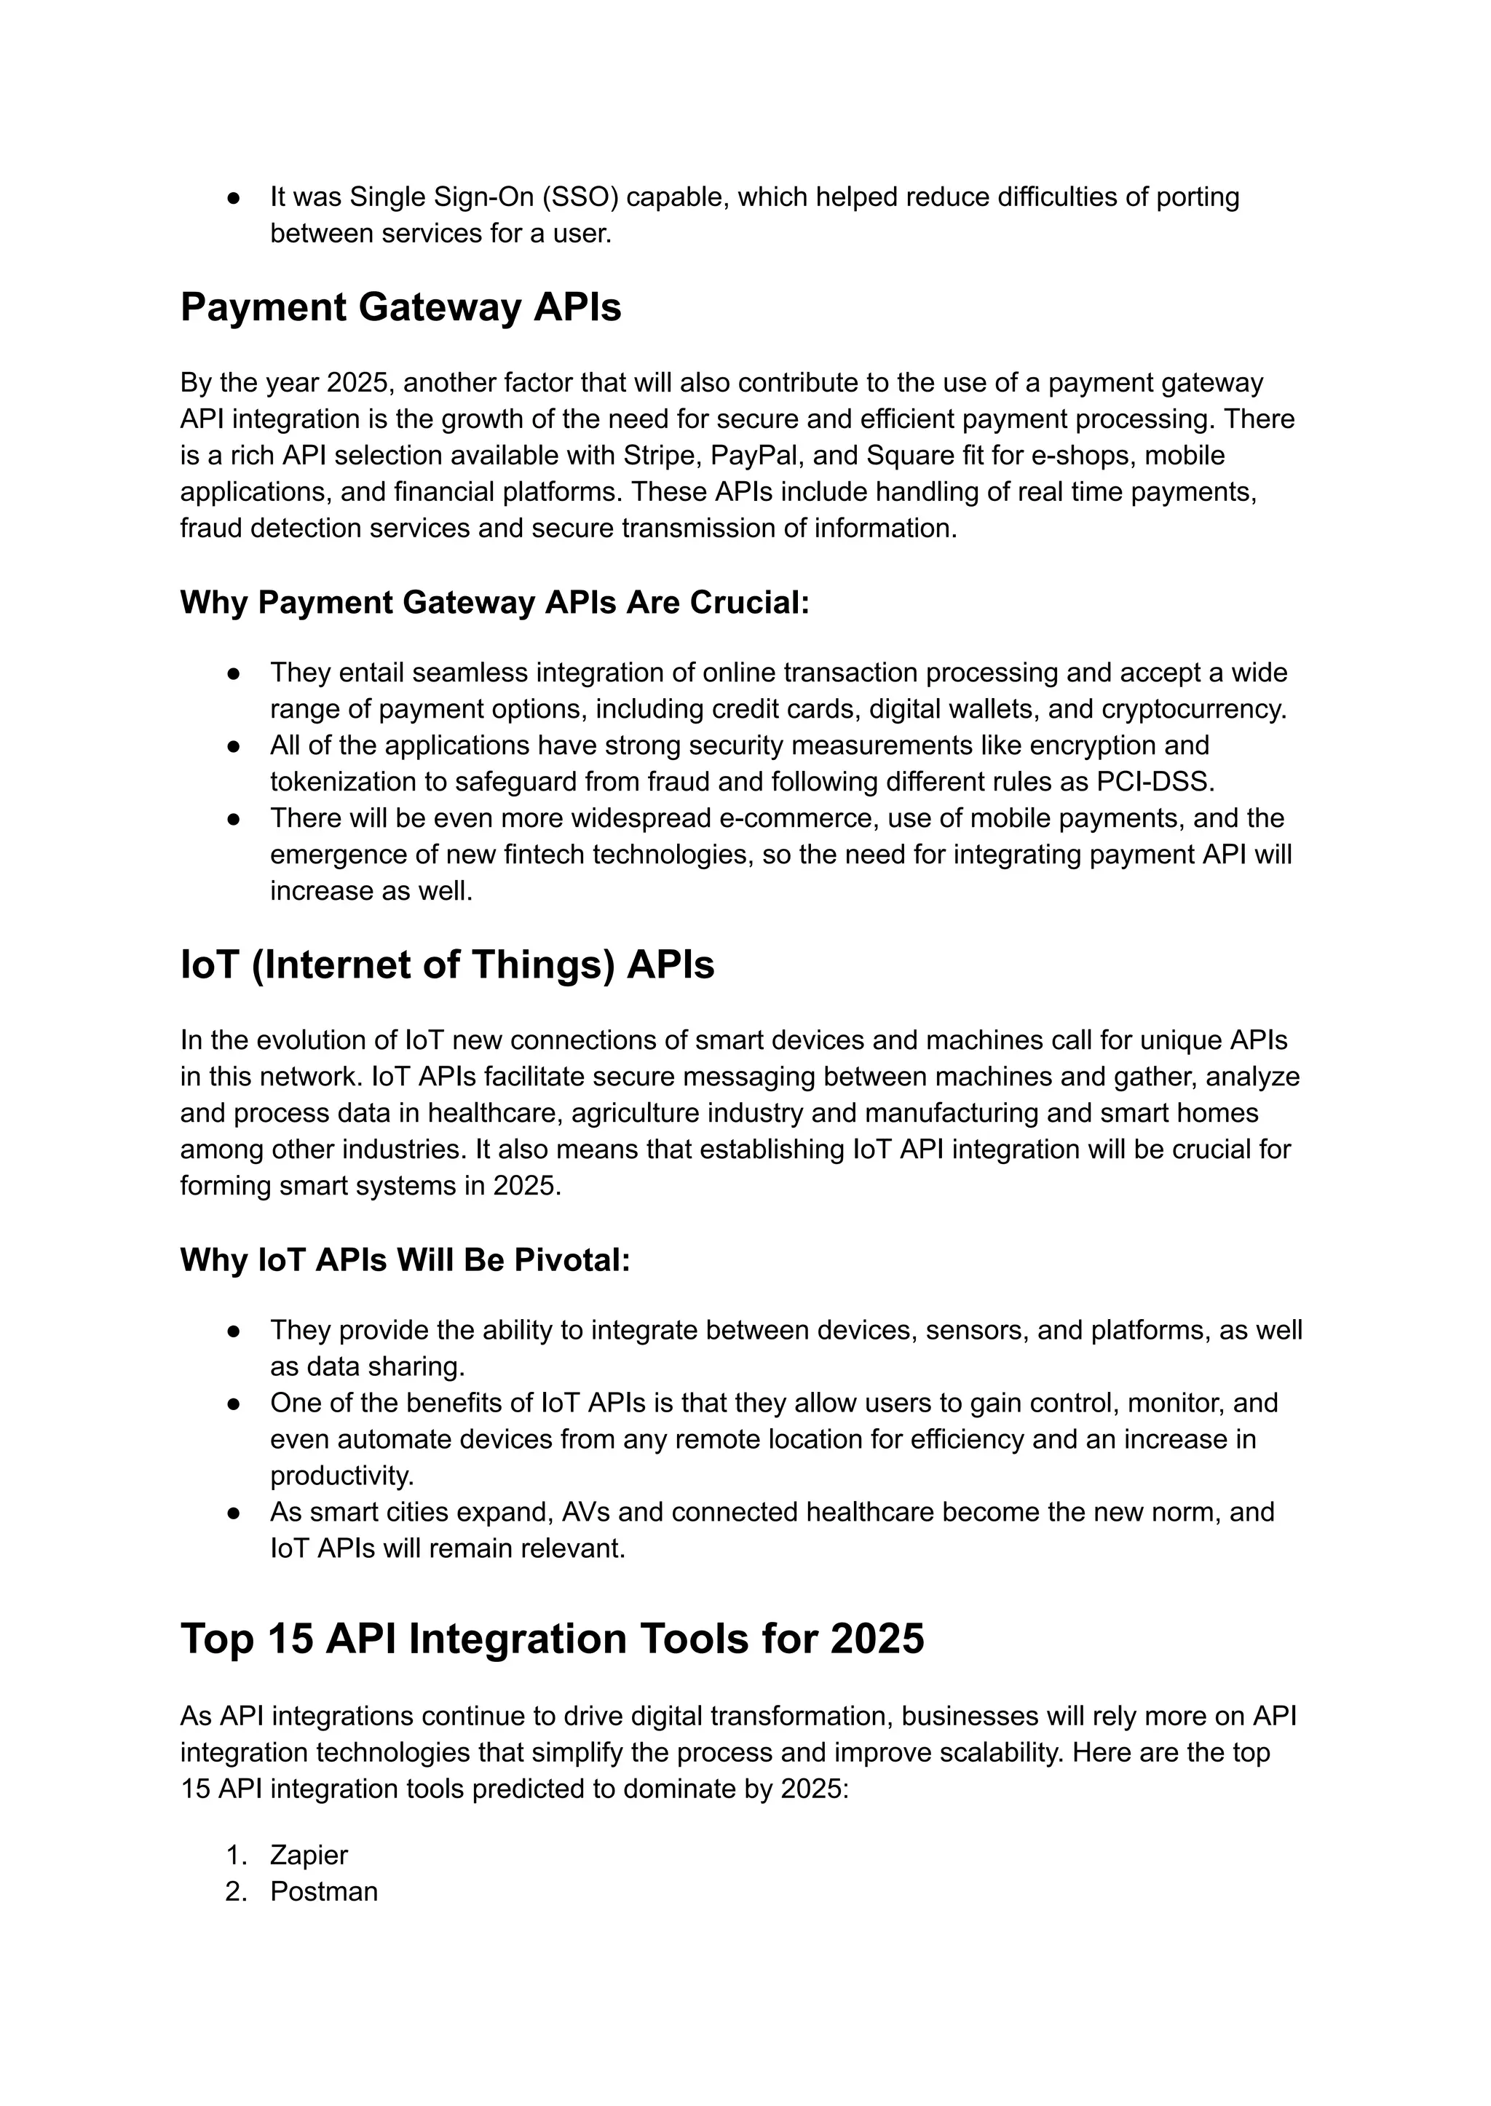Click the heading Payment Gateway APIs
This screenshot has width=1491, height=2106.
(400, 307)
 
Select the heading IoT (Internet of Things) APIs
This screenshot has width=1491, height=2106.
(447, 965)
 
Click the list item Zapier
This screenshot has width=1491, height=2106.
(309, 1856)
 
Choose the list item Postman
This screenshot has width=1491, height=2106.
(323, 1891)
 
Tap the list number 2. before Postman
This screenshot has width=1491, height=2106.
(237, 1891)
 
